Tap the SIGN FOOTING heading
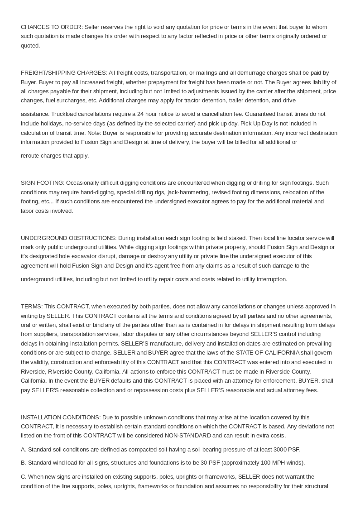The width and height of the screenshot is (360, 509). tap(43, 183)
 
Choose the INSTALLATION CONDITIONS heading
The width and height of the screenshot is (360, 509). tap(61, 418)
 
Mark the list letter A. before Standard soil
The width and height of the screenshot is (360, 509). tap(24, 450)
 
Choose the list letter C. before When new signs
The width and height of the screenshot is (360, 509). tap(24, 477)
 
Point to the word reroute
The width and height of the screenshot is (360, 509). tap(30, 156)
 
